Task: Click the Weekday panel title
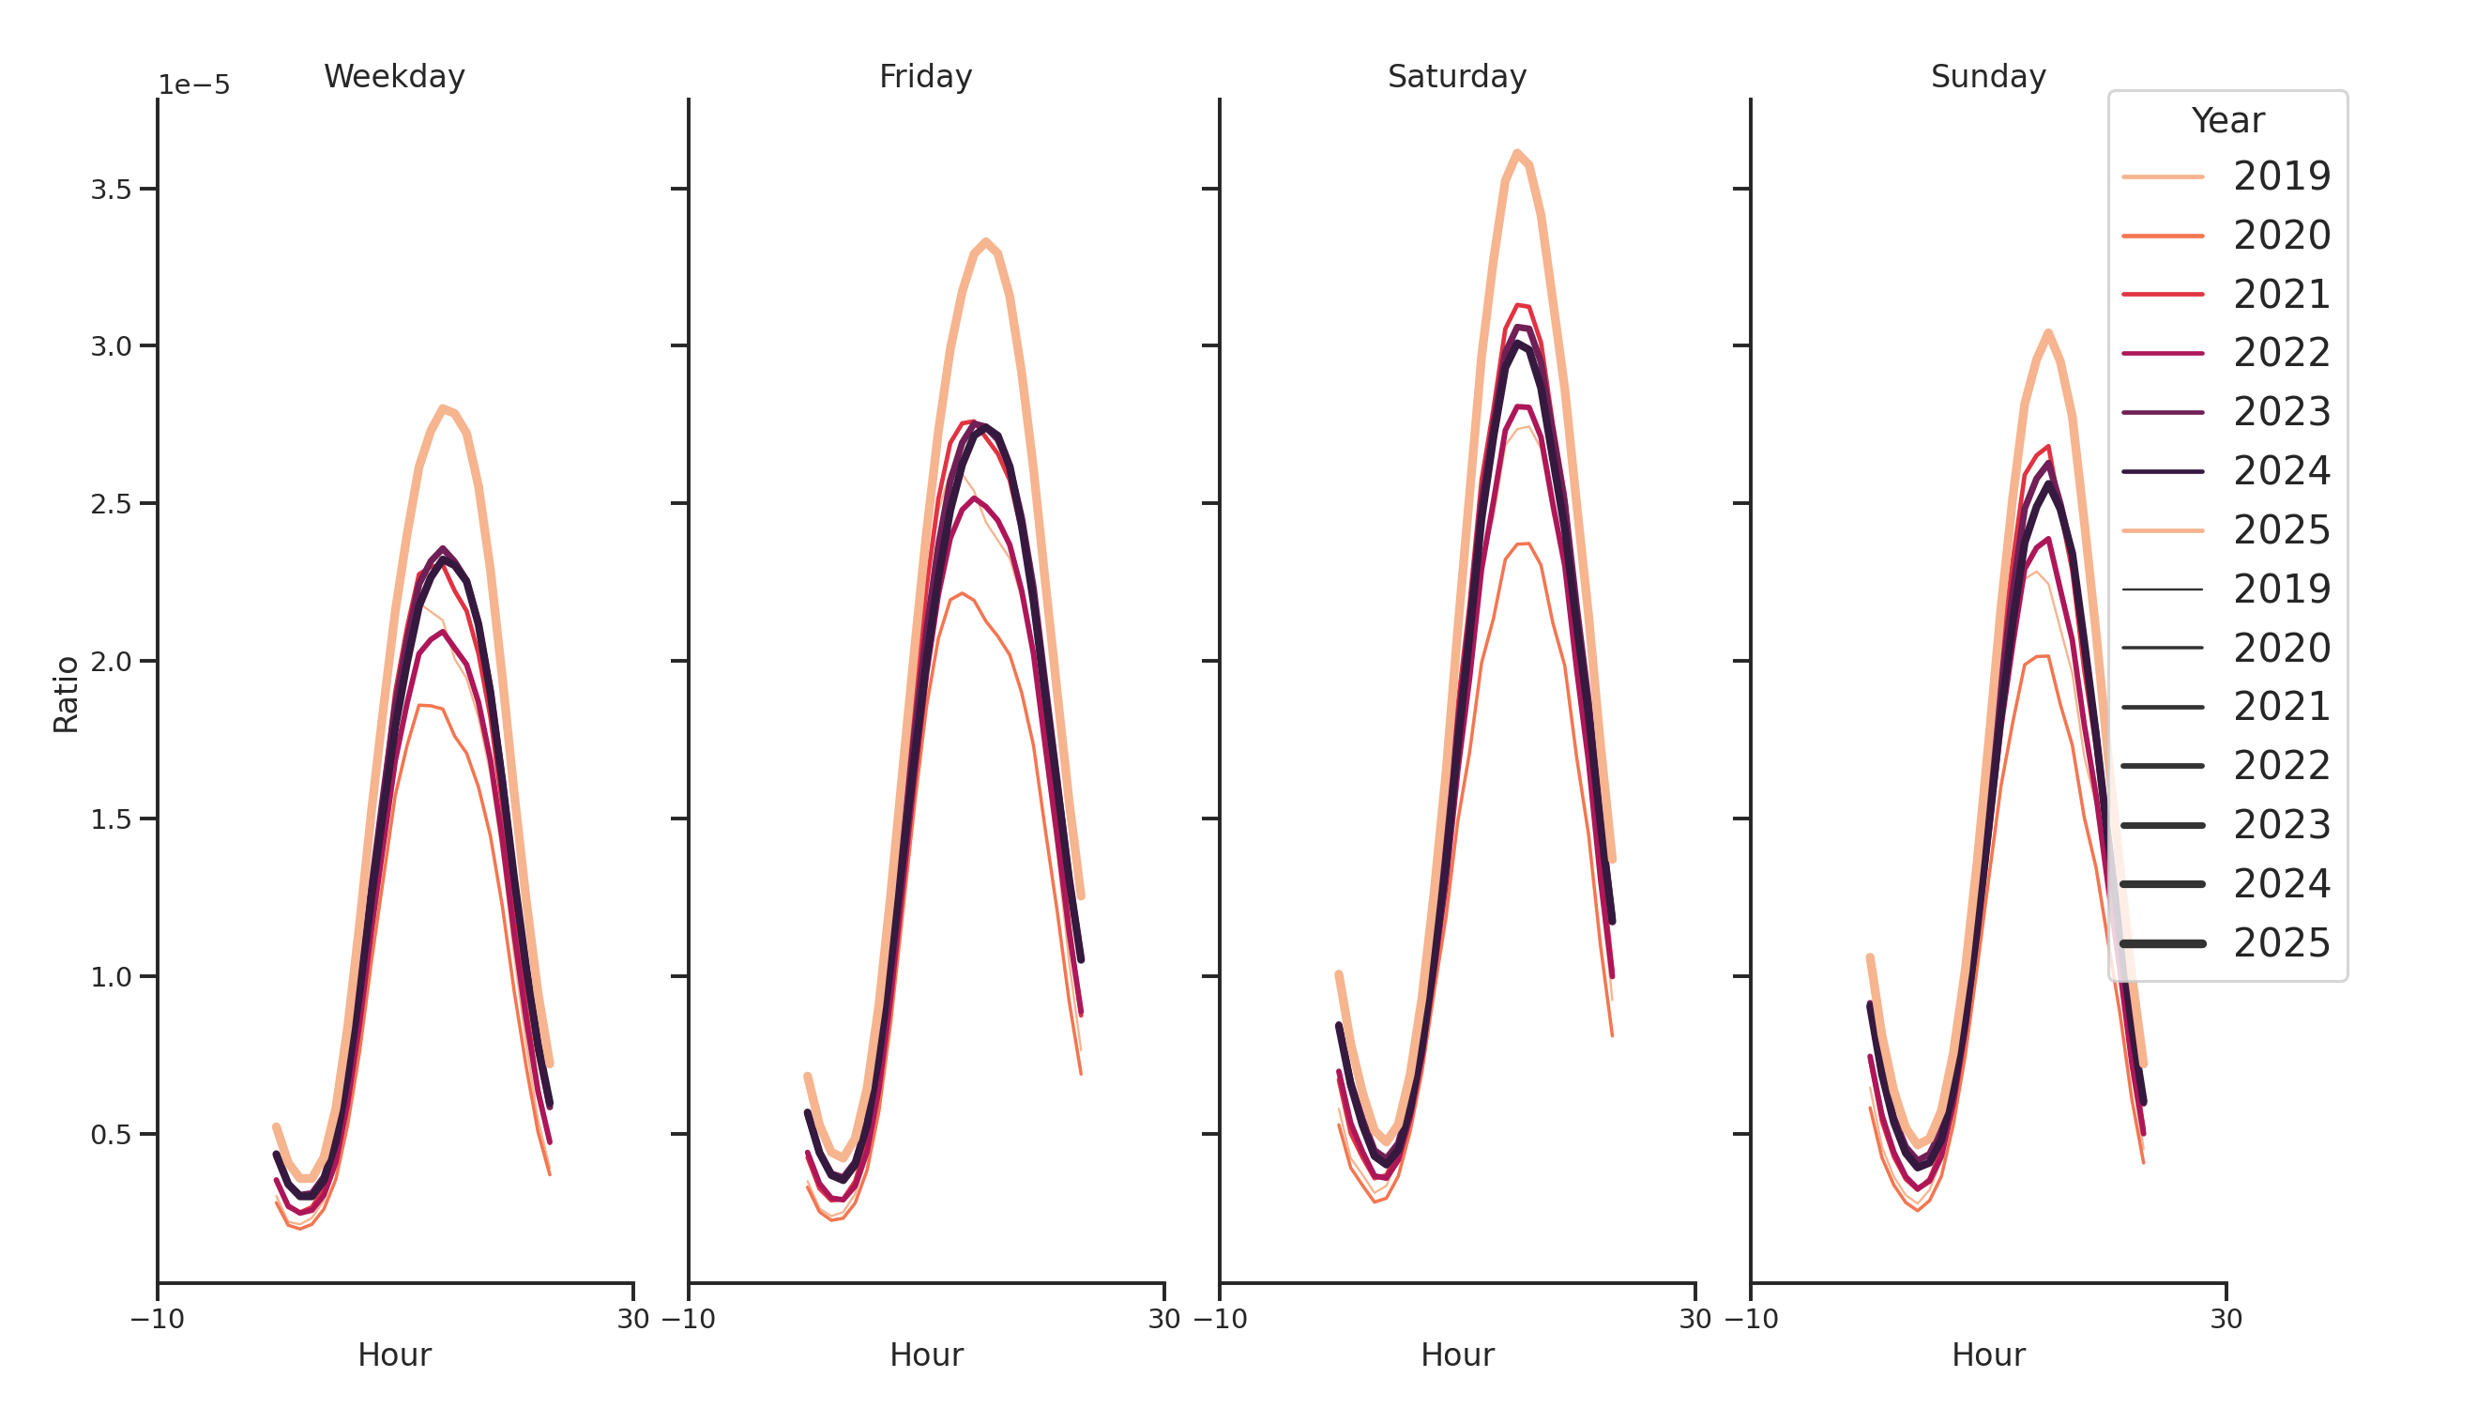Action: pos(394,76)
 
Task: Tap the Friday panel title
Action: pos(925,76)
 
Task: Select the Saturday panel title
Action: pos(1456,76)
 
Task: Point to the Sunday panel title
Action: pos(1987,76)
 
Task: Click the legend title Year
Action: pos(2226,121)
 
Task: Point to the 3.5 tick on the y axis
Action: pos(111,190)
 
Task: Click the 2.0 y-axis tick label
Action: pos(111,662)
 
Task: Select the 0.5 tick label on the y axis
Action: pos(111,1134)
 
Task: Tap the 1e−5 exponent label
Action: pos(194,85)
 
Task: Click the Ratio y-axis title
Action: pos(66,694)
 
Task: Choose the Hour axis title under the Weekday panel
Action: pos(394,1354)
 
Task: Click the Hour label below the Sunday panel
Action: pos(1987,1354)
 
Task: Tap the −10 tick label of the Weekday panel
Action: pos(157,1318)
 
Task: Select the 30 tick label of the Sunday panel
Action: pos(2225,1318)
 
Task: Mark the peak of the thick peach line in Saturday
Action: pos(1516,152)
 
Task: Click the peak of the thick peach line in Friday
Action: pos(985,241)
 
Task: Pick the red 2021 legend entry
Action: pos(2226,294)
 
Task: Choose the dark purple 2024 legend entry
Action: pos(2226,471)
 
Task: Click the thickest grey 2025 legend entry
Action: pos(2226,943)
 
